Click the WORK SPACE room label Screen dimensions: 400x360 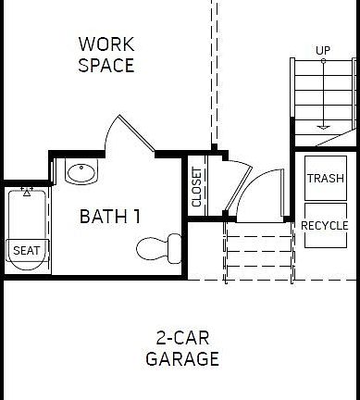(x=106, y=55)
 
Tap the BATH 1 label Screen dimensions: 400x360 (x=110, y=217)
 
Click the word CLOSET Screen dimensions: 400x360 (x=196, y=187)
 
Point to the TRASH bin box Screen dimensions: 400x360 (x=325, y=179)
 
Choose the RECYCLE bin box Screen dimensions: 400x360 (x=325, y=226)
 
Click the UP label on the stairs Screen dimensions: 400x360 (x=323, y=50)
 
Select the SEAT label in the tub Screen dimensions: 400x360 (x=25, y=250)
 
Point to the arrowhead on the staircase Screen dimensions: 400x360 (x=323, y=126)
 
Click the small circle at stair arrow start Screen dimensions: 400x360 (x=323, y=60)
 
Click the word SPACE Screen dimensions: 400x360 (x=106, y=66)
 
